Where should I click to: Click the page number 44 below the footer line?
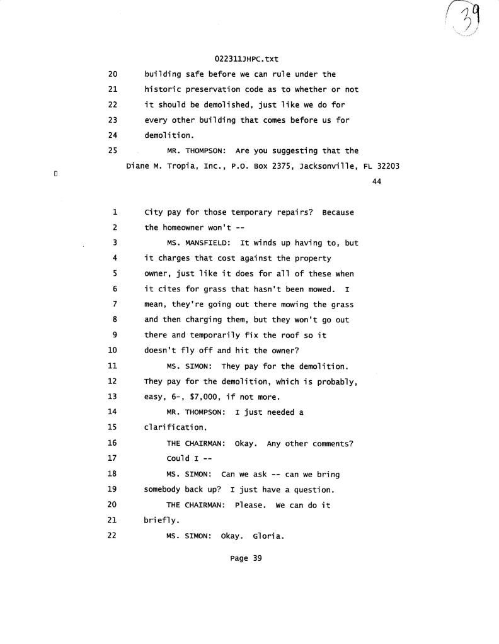pos(377,182)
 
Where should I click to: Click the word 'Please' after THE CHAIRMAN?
pos(250,505)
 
